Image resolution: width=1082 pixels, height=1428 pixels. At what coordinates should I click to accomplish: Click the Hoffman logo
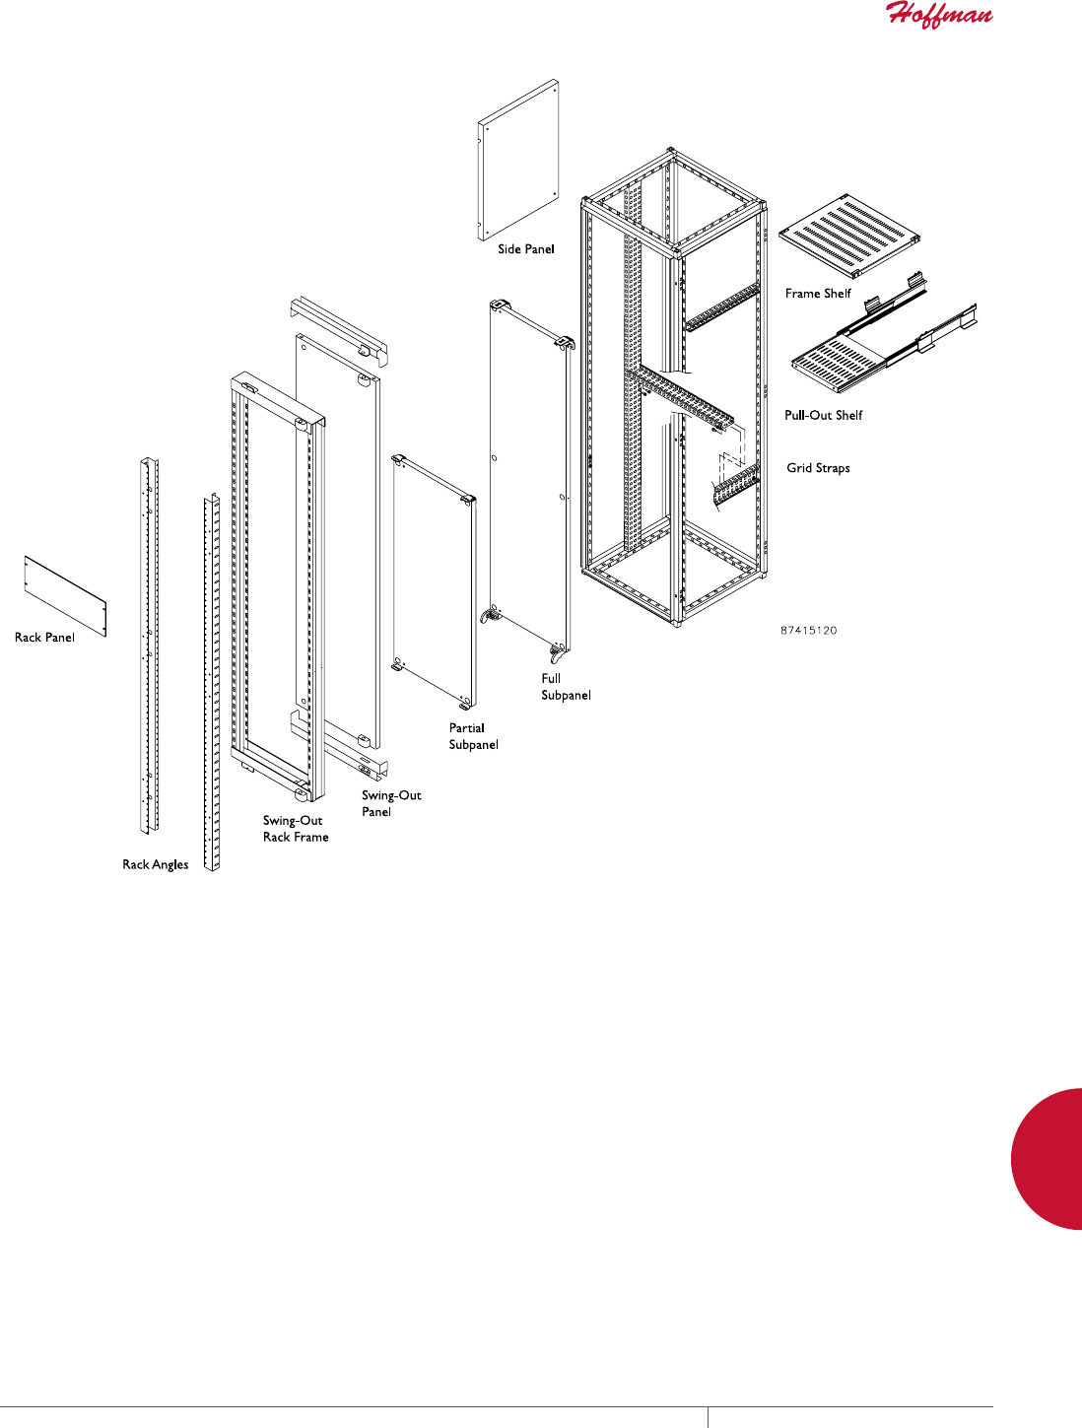(x=939, y=15)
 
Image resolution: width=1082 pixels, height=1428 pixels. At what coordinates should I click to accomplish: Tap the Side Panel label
(x=525, y=249)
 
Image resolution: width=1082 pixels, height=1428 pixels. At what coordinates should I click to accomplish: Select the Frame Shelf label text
(x=818, y=294)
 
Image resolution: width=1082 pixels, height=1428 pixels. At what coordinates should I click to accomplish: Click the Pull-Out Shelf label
(x=823, y=416)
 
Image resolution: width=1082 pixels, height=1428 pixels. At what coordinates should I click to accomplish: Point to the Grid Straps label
(x=818, y=468)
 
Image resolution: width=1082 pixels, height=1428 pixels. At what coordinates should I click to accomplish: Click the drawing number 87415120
(x=808, y=630)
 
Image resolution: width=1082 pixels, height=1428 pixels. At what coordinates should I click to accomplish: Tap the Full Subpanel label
(x=565, y=687)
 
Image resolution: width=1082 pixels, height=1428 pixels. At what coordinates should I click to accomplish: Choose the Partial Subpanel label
(x=473, y=736)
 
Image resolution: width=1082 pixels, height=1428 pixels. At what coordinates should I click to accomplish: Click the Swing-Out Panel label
(x=391, y=803)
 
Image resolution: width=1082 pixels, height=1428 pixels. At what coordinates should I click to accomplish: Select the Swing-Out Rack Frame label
(x=295, y=829)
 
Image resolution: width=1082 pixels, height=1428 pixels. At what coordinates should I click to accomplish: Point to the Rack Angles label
(x=155, y=865)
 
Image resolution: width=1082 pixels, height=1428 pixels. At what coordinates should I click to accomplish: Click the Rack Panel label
(x=44, y=638)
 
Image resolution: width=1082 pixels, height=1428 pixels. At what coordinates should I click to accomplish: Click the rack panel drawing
(x=64, y=595)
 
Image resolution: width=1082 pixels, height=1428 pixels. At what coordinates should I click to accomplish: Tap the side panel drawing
(x=518, y=160)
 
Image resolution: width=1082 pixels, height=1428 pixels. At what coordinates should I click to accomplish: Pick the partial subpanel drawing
(x=434, y=581)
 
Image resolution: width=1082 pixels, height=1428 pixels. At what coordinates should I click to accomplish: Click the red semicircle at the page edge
(x=1049, y=1158)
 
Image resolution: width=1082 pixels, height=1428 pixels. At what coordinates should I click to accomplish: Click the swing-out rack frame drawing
(x=277, y=581)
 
